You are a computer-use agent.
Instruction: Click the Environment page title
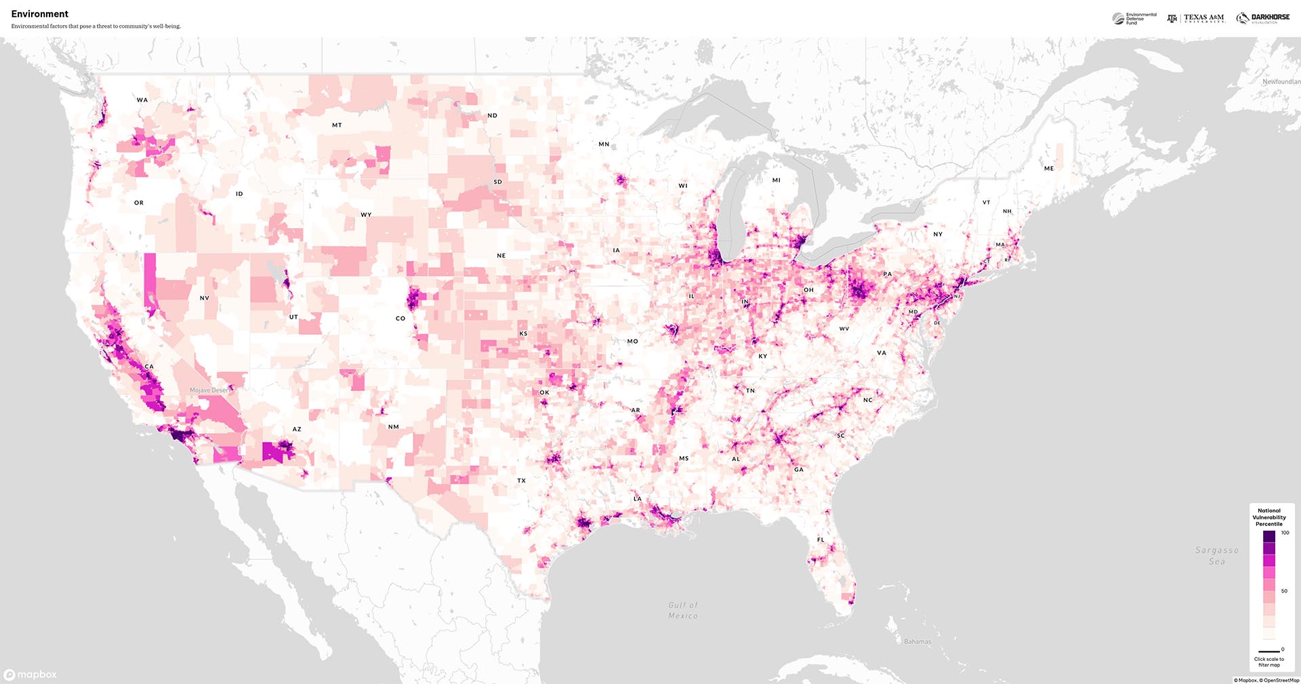tap(40, 14)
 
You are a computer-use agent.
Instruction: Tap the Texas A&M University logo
tap(1196, 18)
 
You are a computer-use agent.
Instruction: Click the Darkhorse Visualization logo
tap(1263, 18)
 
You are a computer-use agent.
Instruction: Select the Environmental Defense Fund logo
tap(1134, 18)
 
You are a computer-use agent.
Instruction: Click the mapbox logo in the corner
tap(30, 675)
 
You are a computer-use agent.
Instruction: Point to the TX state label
tap(522, 481)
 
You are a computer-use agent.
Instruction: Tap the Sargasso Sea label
tap(1217, 556)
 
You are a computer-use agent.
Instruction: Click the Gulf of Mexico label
tap(683, 610)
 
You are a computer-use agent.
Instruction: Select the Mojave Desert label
tap(209, 390)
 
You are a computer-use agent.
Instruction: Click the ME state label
tap(1049, 168)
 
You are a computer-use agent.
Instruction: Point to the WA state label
tap(142, 100)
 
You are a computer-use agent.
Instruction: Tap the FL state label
tap(821, 540)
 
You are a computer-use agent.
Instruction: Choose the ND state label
tap(493, 115)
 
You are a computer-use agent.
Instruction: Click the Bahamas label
tap(917, 641)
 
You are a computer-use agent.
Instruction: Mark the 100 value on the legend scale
tap(1285, 533)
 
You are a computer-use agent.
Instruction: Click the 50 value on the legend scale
tap(1284, 591)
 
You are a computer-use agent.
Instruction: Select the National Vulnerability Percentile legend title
tap(1269, 517)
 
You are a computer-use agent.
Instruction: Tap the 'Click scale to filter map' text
tap(1269, 662)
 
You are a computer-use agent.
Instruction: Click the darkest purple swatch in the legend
tap(1269, 536)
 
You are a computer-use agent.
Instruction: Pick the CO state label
tap(400, 318)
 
